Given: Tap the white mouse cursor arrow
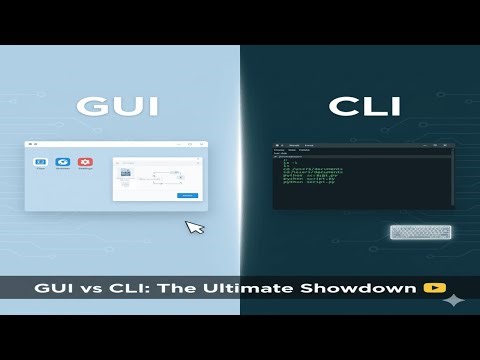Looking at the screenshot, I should [x=195, y=226].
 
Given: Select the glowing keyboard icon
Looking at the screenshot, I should [x=420, y=233].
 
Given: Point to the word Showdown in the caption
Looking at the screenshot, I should [x=365, y=288].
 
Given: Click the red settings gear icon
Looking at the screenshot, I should [x=86, y=162].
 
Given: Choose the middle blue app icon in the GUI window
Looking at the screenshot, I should [x=63, y=162].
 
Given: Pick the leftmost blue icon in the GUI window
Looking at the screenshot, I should [x=41, y=162].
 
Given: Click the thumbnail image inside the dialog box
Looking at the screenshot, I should [x=127, y=172].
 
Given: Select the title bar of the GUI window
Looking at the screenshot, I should [x=115, y=144].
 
